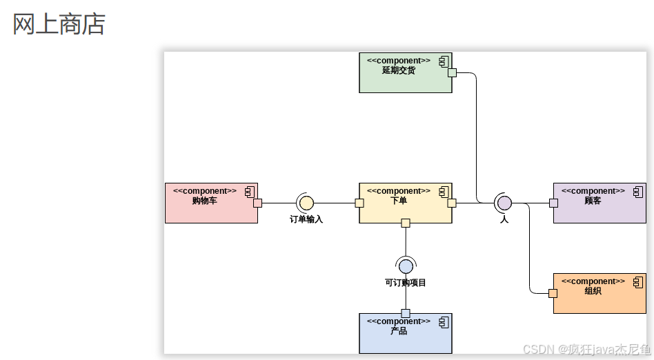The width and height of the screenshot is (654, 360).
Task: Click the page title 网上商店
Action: [x=59, y=24]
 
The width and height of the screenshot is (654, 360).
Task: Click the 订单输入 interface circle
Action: [x=306, y=203]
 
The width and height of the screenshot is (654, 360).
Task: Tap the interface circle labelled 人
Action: [x=504, y=203]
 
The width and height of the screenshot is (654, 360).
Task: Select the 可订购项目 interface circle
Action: [x=406, y=266]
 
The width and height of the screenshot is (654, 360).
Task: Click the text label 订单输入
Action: [x=306, y=219]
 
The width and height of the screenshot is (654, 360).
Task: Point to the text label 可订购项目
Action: [x=406, y=282]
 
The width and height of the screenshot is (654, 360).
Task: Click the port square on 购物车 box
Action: [x=257, y=203]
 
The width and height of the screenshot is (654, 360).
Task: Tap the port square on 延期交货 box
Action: [x=452, y=72]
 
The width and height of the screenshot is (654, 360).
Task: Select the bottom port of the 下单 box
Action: [x=406, y=223]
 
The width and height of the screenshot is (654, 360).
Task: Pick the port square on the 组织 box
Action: [x=553, y=293]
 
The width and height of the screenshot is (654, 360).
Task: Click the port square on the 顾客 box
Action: [x=553, y=203]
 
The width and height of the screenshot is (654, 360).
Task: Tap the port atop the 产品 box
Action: [x=406, y=314]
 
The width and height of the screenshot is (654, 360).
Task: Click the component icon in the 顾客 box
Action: [x=638, y=191]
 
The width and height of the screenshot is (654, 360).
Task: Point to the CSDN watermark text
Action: [x=586, y=349]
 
